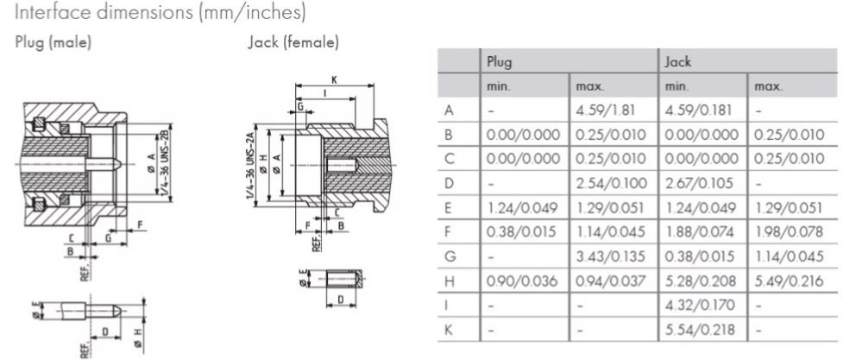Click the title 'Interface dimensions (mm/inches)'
click(x=146, y=14)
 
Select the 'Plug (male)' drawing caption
click(x=53, y=42)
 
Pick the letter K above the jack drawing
click(x=333, y=79)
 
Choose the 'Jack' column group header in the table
click(x=677, y=62)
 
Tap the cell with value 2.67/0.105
click(x=696, y=184)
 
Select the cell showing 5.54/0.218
click(x=696, y=330)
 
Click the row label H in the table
click(x=449, y=281)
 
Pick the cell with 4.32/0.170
click(x=696, y=306)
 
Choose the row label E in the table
click(x=448, y=208)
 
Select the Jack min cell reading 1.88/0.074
click(x=696, y=232)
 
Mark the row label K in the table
click(x=449, y=330)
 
